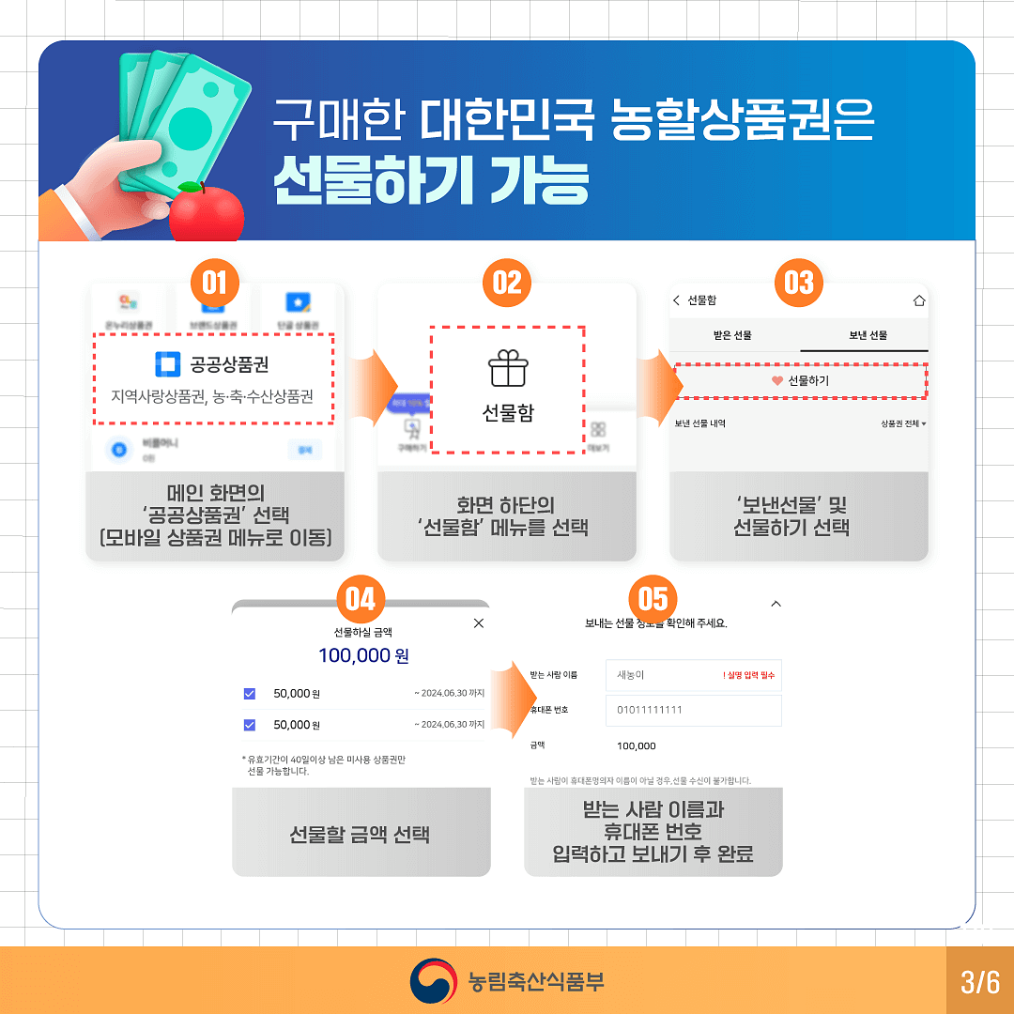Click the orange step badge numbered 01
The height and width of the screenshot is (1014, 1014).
pyautogui.click(x=214, y=282)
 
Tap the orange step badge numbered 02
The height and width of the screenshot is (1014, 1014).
pyautogui.click(x=507, y=282)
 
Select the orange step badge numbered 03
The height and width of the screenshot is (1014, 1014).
pyautogui.click(x=799, y=282)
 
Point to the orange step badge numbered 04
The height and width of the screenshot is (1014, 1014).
pyautogui.click(x=361, y=598)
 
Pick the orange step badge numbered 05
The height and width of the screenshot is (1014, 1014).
pyautogui.click(x=653, y=598)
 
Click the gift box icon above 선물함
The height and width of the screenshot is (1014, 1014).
pyautogui.click(x=507, y=368)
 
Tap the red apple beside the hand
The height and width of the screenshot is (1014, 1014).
pyautogui.click(x=206, y=211)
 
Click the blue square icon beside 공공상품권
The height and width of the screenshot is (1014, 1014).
pyautogui.click(x=167, y=364)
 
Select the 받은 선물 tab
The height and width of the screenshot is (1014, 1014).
pyautogui.click(x=733, y=335)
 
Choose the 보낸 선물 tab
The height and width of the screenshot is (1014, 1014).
pyautogui.click(x=864, y=335)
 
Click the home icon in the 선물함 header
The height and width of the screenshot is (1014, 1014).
pyautogui.click(x=918, y=300)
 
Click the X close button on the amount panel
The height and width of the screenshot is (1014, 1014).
pyautogui.click(x=479, y=623)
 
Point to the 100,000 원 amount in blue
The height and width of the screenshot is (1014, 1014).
pyautogui.click(x=363, y=655)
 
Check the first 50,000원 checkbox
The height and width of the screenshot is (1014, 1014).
pyautogui.click(x=250, y=694)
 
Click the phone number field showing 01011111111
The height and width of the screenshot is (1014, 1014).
pyautogui.click(x=693, y=710)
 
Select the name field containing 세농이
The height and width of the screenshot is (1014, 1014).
pyautogui.click(x=693, y=675)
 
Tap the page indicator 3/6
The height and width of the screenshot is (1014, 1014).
pyautogui.click(x=980, y=982)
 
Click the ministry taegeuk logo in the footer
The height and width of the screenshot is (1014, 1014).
pyautogui.click(x=433, y=981)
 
